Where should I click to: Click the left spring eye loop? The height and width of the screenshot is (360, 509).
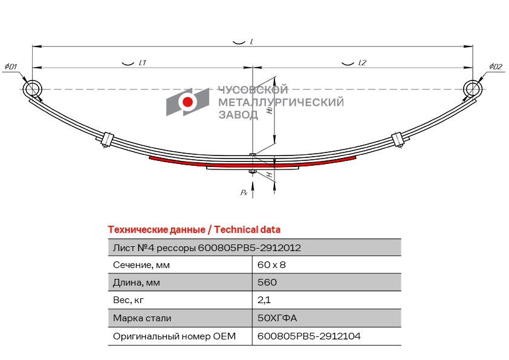tap(33, 89)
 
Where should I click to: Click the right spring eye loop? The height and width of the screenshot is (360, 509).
tap(472, 89)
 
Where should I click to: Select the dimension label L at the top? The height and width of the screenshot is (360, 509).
tap(251, 42)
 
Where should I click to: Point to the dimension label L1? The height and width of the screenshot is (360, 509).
tap(142, 63)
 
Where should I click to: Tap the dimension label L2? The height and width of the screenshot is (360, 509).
tap(362, 63)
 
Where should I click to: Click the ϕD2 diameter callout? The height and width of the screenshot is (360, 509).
tap(496, 66)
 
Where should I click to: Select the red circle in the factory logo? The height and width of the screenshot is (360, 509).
tap(188, 102)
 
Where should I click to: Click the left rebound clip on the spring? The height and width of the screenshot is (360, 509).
tap(107, 139)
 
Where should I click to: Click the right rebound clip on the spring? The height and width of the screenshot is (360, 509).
tap(398, 139)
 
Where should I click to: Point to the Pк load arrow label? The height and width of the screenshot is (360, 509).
tap(244, 192)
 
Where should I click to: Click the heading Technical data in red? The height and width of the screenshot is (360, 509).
tap(194, 230)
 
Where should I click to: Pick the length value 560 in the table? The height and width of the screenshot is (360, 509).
tap(267, 283)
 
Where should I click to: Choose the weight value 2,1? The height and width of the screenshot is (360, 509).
tap(264, 300)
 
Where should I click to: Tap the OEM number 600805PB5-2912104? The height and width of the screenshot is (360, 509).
tap(309, 336)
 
